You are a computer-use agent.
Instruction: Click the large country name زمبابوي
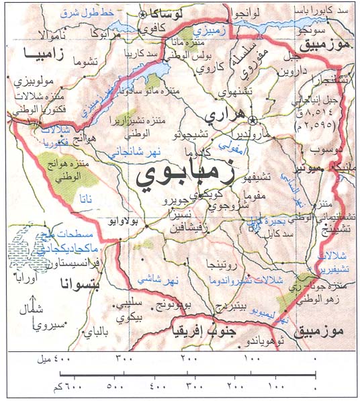tap(184, 176)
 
